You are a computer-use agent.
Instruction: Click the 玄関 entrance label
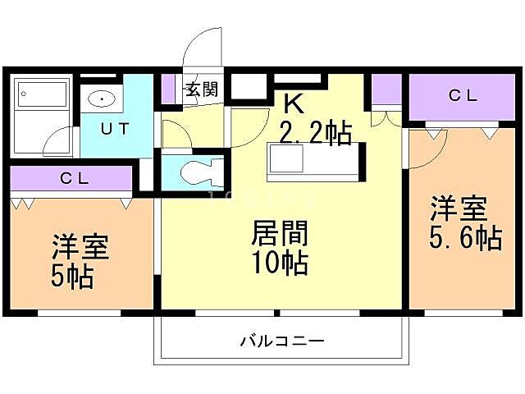tap(201, 90)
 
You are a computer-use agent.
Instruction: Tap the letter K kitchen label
tap(293, 103)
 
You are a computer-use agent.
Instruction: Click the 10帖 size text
tap(280, 264)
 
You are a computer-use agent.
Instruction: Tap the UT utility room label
tap(114, 128)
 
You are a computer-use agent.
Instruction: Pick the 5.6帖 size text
tap(465, 238)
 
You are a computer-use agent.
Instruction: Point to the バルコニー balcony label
tap(282, 340)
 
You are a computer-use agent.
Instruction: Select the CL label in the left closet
tap(75, 178)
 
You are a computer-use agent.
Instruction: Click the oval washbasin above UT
tap(102, 100)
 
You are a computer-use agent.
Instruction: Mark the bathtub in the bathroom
tap(41, 94)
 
